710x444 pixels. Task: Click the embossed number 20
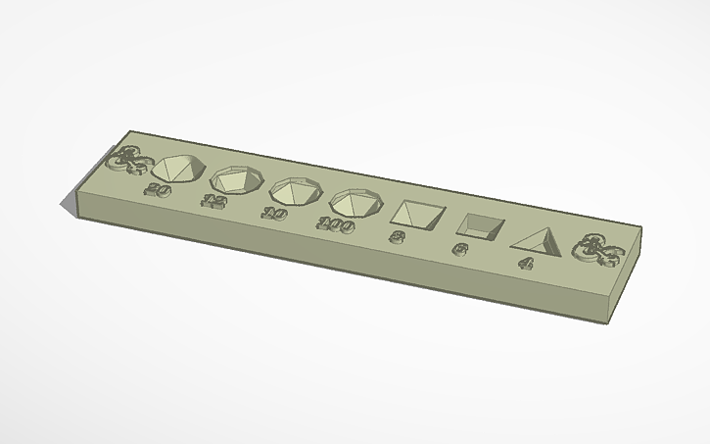156,189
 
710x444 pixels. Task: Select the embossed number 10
271,213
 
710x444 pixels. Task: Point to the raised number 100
334,224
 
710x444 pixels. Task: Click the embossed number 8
398,236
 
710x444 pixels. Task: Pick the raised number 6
458,249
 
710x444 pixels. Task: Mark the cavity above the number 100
356,202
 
